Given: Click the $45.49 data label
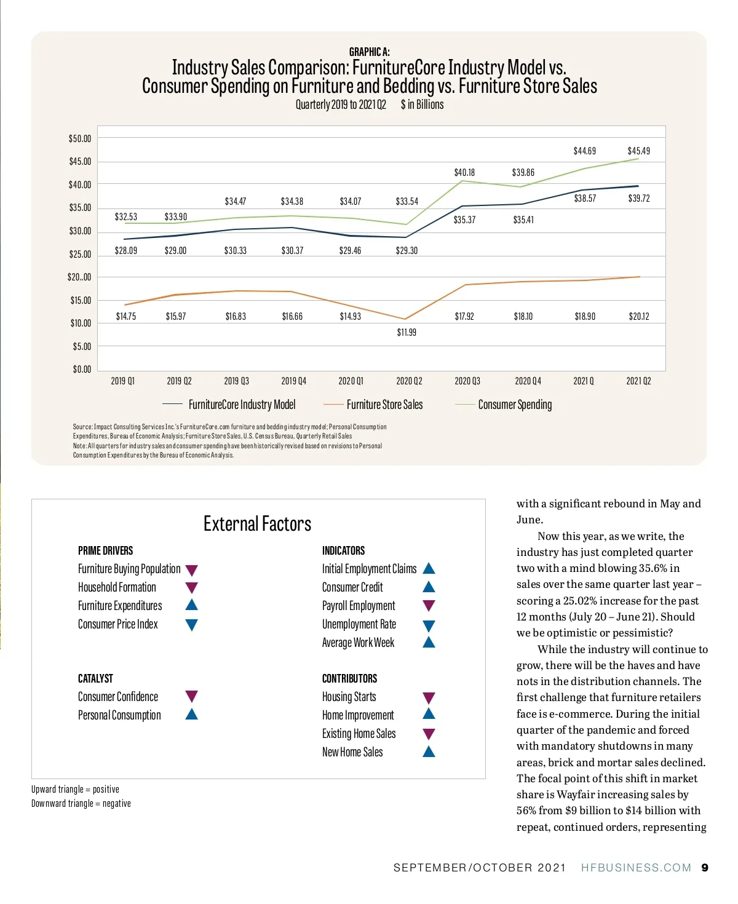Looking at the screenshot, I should [638, 151].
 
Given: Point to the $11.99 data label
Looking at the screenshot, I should [407, 333].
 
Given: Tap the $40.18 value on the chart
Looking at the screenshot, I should [464, 173].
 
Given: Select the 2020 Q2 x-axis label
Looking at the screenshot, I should [409, 381].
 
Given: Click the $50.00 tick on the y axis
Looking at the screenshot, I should [80, 139].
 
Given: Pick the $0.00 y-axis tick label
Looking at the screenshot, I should [82, 370].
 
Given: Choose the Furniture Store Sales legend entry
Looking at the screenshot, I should [384, 405].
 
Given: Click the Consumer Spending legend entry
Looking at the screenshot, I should [515, 405].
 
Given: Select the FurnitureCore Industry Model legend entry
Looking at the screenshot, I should [242, 405].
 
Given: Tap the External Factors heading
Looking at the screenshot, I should [257, 524].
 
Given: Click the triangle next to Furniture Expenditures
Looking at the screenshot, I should [191, 605].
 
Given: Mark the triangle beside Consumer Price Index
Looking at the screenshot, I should [191, 625].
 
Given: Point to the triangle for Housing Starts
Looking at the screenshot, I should [429, 698].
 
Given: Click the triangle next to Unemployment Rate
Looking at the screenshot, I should [429, 626].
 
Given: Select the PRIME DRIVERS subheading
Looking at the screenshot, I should [105, 550].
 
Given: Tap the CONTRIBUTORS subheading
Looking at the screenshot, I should [349, 679].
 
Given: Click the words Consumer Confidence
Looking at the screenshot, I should [118, 697].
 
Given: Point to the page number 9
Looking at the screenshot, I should [705, 868].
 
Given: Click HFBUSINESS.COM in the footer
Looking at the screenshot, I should [636, 868].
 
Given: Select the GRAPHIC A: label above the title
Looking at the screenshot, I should [369, 52].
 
